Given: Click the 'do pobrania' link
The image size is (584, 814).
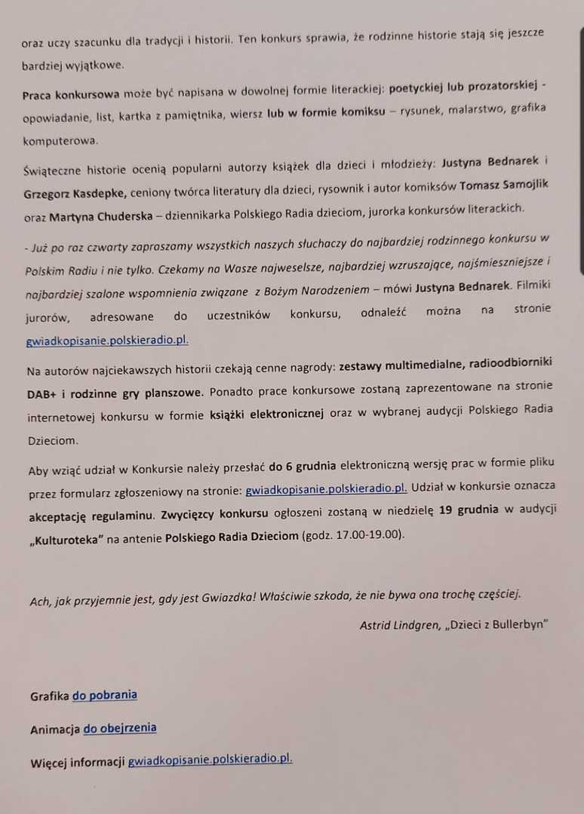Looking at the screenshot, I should [x=104, y=695].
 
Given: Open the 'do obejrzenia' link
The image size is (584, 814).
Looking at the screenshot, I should [x=120, y=727].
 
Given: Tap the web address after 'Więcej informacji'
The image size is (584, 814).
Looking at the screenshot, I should [x=210, y=760].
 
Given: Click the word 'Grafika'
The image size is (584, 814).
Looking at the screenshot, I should [x=49, y=696].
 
